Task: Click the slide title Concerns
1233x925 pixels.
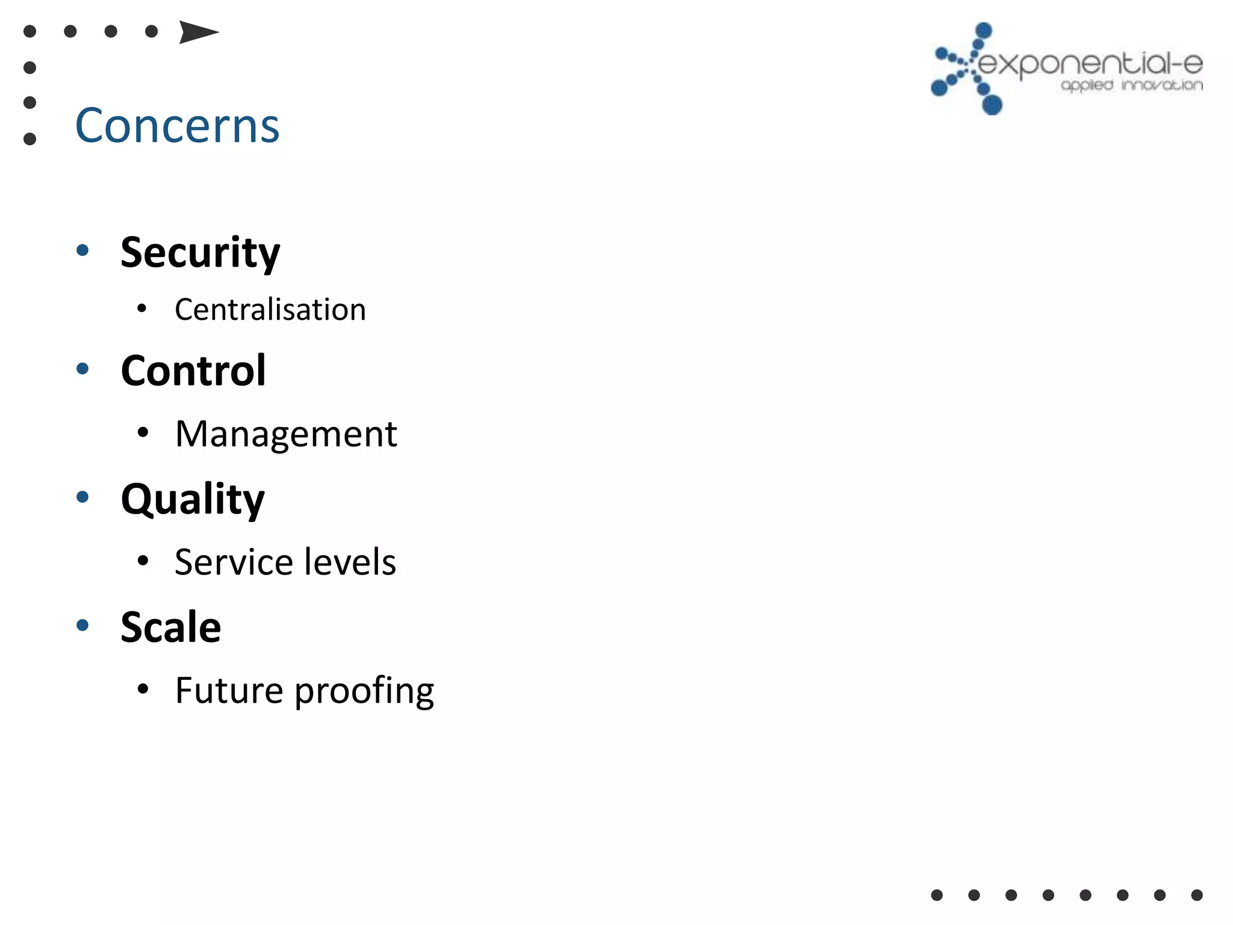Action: (x=177, y=126)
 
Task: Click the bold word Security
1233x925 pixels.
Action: (x=200, y=252)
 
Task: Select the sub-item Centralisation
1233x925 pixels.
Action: (x=270, y=310)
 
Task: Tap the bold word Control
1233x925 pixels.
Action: (x=193, y=370)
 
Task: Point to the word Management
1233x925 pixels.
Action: (x=286, y=434)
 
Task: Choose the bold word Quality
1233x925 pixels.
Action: (x=193, y=499)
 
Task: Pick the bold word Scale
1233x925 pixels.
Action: (x=171, y=627)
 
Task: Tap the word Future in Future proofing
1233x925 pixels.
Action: (x=229, y=690)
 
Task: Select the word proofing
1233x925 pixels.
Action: (x=364, y=691)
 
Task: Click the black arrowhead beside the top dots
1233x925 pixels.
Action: (x=197, y=32)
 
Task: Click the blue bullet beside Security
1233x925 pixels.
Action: (x=83, y=250)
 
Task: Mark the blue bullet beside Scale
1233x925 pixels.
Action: (x=83, y=625)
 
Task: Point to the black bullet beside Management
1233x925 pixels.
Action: (x=143, y=432)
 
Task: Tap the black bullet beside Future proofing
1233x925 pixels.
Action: (x=143, y=688)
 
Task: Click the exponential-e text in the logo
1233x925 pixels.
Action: (x=1090, y=64)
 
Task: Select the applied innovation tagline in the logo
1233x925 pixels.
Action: (x=1132, y=85)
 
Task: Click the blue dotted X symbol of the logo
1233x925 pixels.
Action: (x=967, y=69)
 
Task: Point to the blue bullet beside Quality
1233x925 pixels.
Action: (x=83, y=497)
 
